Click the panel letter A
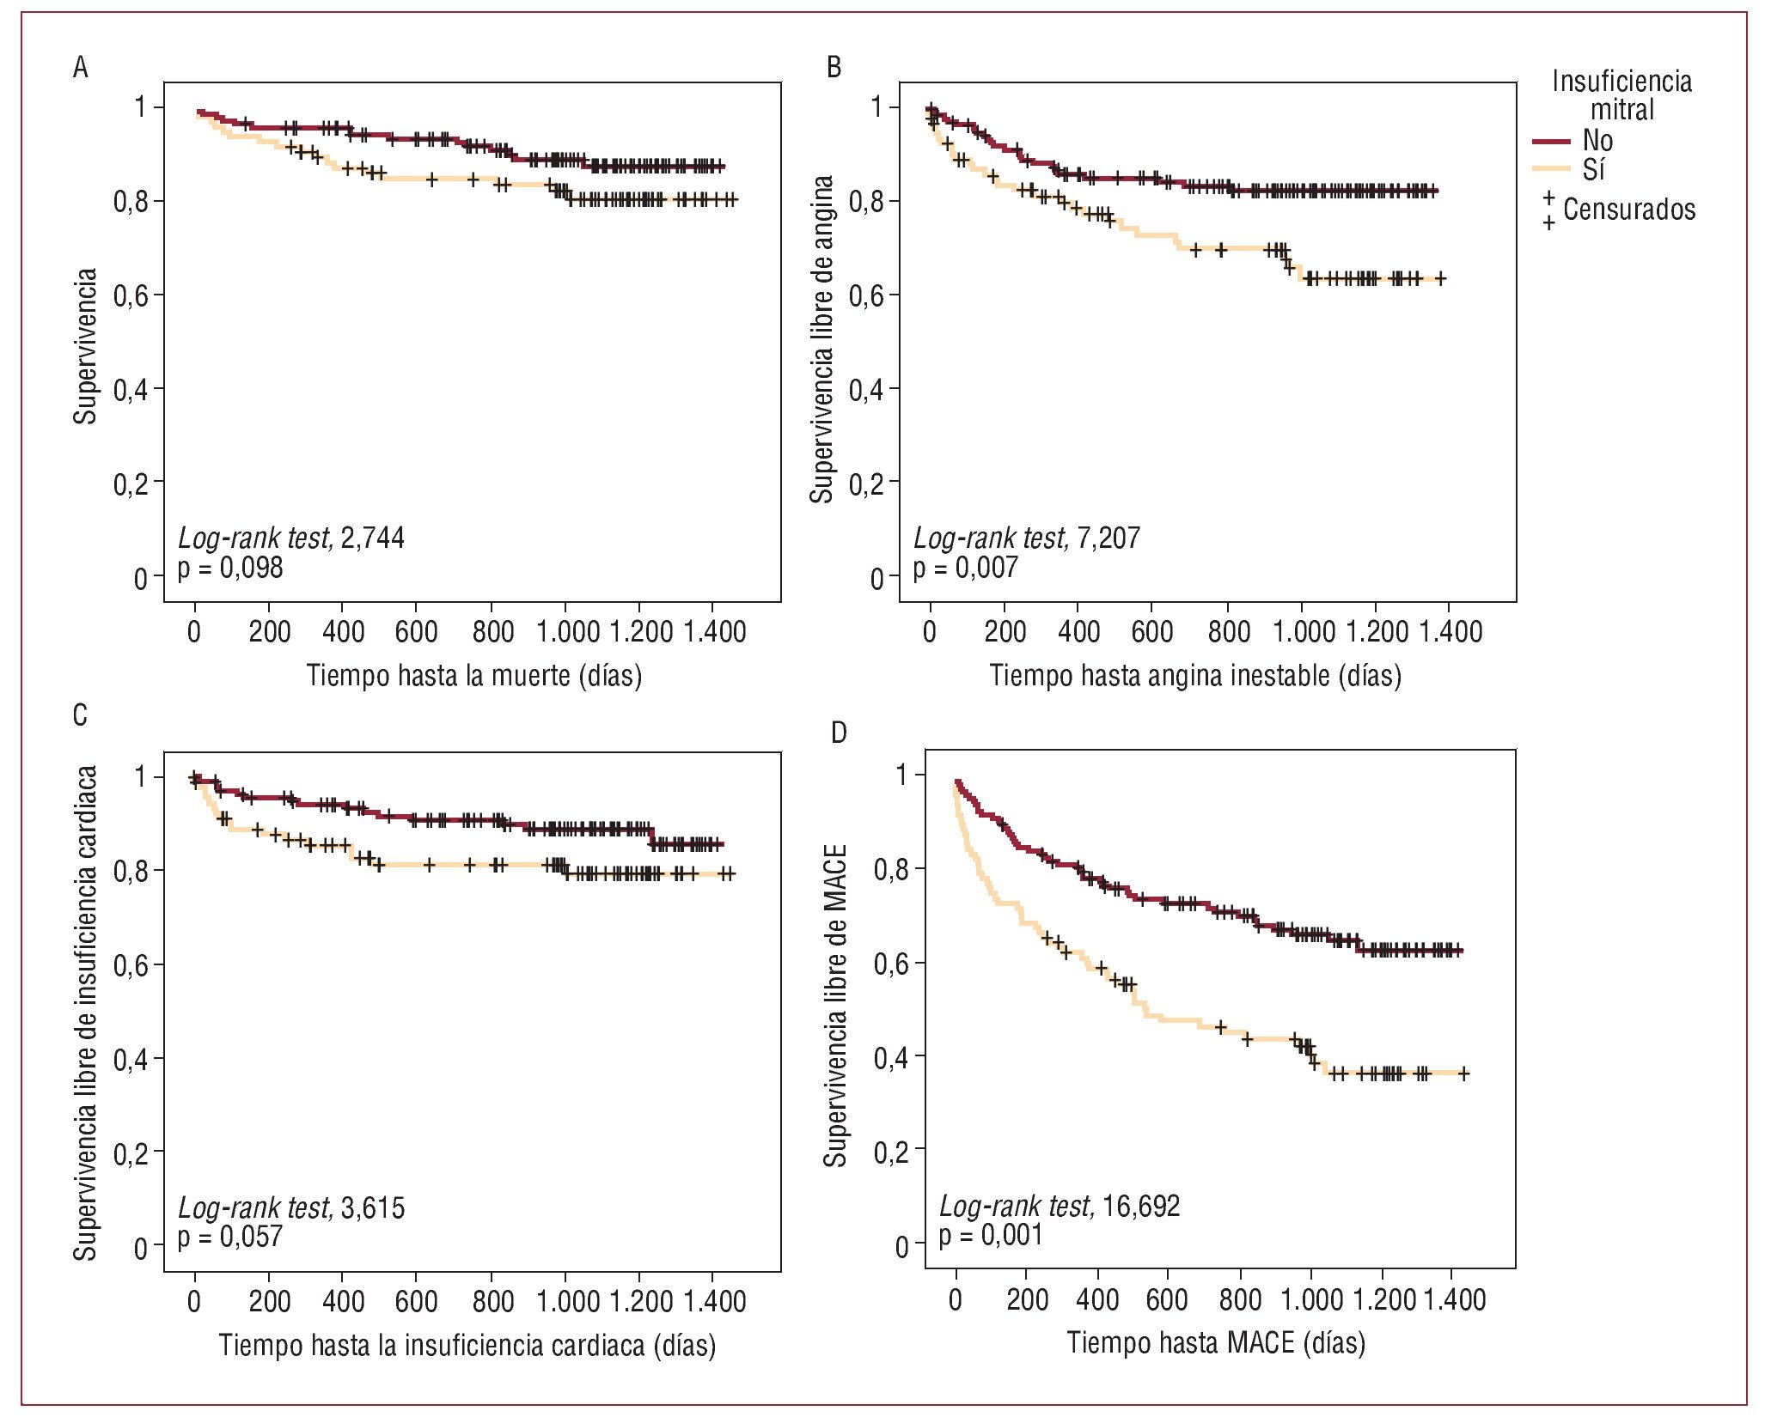pos(80,67)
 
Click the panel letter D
pos(839,733)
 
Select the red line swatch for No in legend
pos(1551,141)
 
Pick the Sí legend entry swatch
pos(1551,169)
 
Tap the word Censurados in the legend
pos(1628,210)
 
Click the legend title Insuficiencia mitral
pos(1621,95)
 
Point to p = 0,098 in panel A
pos(230,568)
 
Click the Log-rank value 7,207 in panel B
pos(1108,538)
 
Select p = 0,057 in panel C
pos(230,1237)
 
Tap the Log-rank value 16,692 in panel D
pos(1141,1207)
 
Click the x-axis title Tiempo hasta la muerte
pos(474,676)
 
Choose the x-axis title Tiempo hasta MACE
pos(1216,1342)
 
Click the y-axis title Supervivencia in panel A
pos(85,346)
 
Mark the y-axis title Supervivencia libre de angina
pos(822,339)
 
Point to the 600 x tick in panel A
pos(417,633)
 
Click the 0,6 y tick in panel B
pos(865,296)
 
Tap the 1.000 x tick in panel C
pos(568,1302)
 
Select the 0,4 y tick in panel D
pos(891,1058)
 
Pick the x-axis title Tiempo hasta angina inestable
pos(1195,676)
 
